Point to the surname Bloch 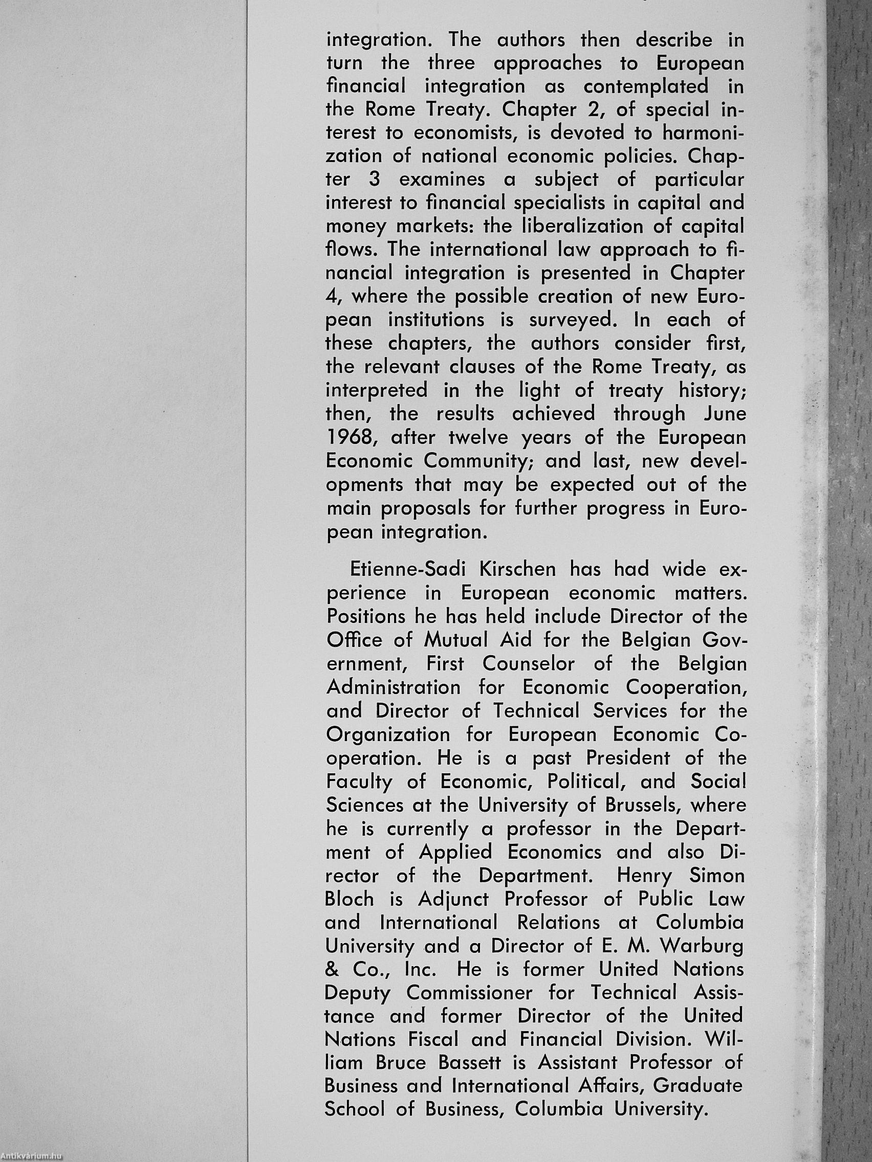350,899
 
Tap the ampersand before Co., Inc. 333,969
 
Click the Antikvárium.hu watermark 32,1157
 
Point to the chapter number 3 374,180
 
